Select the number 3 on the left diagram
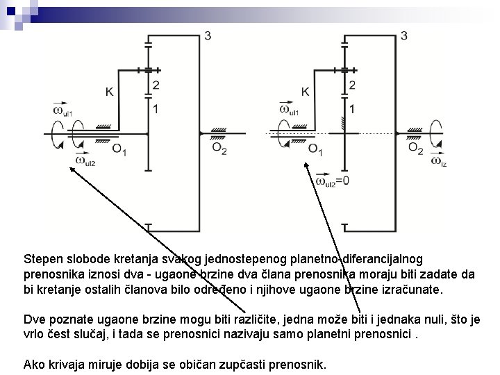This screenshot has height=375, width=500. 208,35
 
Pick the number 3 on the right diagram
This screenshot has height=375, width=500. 403,35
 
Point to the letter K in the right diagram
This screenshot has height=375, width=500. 306,91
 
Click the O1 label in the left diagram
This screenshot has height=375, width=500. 119,149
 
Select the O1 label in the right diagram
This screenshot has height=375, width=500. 315,149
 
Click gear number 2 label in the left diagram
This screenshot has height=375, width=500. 156,85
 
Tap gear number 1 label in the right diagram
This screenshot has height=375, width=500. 353,109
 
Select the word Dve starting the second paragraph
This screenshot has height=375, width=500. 34,320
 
